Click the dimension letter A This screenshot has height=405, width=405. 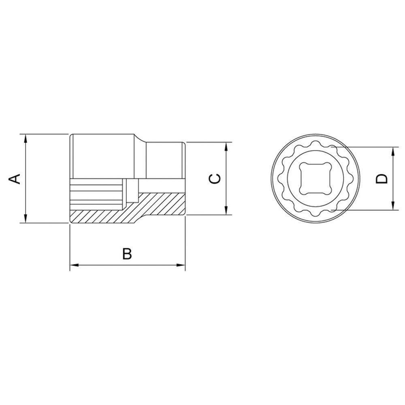[15, 178]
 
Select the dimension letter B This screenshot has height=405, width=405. [128, 254]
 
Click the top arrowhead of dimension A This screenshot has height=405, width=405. [26, 138]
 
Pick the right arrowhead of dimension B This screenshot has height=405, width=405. [181, 266]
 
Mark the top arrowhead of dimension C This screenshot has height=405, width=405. [226, 146]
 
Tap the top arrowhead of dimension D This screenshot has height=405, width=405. [393, 151]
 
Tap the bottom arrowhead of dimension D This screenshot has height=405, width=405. [393, 206]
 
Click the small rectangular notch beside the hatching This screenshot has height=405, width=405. [131, 190]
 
